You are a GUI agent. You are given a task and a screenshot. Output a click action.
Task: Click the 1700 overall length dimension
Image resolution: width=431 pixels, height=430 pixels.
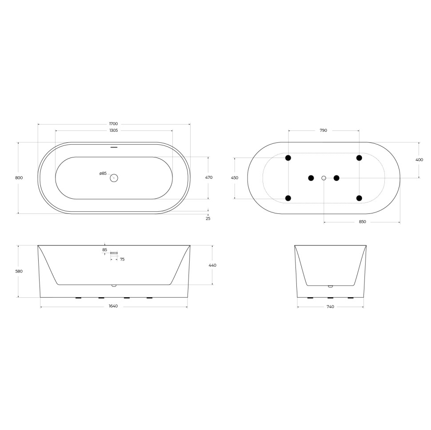click(x=113, y=123)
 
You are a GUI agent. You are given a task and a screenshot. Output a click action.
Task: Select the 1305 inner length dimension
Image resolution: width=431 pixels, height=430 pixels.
click(x=113, y=130)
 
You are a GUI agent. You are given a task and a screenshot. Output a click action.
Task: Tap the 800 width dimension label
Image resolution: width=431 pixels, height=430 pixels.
click(x=19, y=178)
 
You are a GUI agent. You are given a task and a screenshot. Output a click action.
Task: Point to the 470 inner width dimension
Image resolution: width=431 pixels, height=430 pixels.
click(x=209, y=178)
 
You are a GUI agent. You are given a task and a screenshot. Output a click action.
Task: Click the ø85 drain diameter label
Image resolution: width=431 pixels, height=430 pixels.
click(x=103, y=174)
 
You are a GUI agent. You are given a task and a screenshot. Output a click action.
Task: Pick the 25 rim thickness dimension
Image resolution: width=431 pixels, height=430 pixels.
click(x=208, y=218)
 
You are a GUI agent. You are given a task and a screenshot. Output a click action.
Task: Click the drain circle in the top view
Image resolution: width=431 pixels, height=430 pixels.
click(x=114, y=178)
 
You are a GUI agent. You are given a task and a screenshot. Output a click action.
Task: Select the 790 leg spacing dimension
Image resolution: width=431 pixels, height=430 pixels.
click(x=323, y=130)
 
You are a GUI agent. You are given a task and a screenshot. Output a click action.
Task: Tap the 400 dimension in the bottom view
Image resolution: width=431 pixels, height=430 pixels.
click(x=419, y=160)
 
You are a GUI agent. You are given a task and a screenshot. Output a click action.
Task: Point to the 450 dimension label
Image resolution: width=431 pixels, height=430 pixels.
click(x=235, y=178)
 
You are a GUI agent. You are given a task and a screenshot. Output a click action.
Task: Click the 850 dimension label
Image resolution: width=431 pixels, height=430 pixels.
click(x=362, y=222)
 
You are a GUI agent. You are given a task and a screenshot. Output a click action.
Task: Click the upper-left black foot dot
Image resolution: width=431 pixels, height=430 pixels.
click(x=288, y=158)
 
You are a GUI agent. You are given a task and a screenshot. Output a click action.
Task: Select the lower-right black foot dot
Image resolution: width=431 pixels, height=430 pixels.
click(x=359, y=198)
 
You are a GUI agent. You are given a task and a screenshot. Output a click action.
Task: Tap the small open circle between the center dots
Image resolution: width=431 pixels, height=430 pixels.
click(x=323, y=178)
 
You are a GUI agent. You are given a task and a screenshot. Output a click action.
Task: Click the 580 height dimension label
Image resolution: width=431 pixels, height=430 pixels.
click(x=19, y=271)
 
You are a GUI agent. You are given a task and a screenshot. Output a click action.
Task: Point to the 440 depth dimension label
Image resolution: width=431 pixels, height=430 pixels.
click(x=212, y=265)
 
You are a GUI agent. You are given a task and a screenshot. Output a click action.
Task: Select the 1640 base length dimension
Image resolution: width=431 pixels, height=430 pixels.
click(x=113, y=306)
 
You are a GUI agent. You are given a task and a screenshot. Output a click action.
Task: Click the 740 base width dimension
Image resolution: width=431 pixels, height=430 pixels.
click(x=330, y=306)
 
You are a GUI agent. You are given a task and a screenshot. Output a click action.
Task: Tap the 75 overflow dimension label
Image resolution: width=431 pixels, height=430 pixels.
click(x=122, y=259)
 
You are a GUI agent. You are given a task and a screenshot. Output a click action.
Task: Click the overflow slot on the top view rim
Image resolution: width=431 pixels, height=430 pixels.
click(x=114, y=146)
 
